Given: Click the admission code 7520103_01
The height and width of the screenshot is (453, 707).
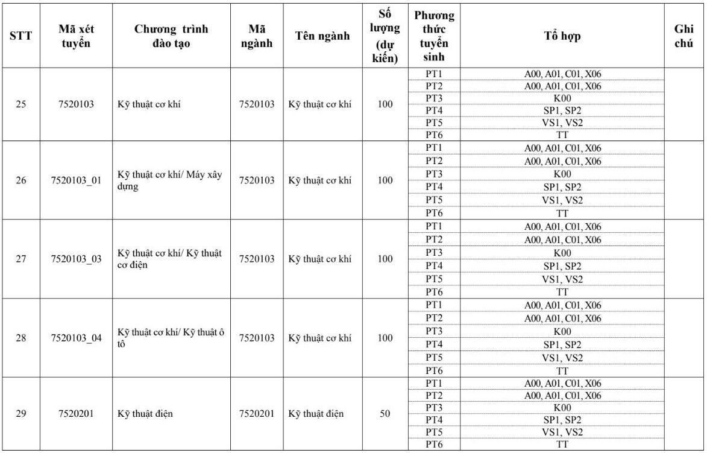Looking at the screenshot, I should [x=77, y=180].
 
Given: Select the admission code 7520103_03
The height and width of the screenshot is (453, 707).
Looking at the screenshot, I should [x=77, y=259].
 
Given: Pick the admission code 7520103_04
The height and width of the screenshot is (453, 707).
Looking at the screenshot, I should [x=77, y=338].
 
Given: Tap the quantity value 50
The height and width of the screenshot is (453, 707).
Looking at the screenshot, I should [x=385, y=414].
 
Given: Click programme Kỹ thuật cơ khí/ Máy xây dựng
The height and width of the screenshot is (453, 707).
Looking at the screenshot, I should [x=169, y=180].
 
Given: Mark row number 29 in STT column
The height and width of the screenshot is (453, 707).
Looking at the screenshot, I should [x=21, y=414].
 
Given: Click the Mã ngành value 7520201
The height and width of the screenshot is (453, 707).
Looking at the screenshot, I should [x=257, y=414].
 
